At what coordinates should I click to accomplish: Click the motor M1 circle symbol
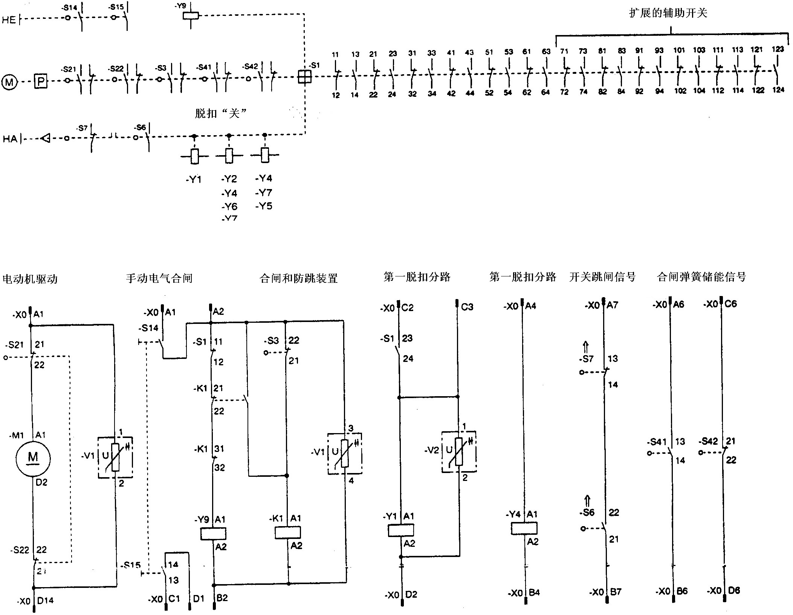(33, 458)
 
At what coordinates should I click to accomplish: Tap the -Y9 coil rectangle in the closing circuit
(213, 534)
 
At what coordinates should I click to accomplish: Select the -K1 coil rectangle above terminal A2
(288, 532)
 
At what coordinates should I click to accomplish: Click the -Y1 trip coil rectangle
(401, 530)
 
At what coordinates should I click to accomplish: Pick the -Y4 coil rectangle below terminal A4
(524, 528)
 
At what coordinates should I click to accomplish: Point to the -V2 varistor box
(459, 452)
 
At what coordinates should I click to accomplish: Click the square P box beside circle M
(41, 81)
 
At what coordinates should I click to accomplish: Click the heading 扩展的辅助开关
(668, 13)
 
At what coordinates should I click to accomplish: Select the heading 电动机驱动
(30, 279)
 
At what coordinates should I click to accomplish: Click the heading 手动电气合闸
(159, 278)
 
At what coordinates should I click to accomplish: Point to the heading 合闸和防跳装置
(298, 278)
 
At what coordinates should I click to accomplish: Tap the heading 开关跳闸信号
(602, 277)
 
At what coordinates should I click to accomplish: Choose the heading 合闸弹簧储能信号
(701, 277)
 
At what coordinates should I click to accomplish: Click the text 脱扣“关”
(220, 113)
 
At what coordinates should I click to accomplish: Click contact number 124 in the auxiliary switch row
(778, 90)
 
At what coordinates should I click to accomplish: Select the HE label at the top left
(9, 20)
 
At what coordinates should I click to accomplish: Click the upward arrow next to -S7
(585, 347)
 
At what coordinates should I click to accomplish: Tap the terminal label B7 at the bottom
(615, 592)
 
